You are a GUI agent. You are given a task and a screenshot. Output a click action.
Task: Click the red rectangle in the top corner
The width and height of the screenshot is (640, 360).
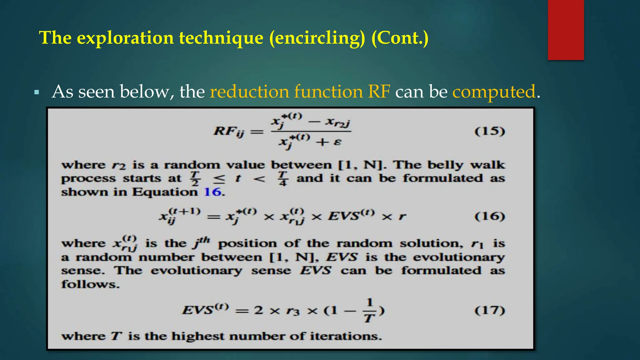[x=566, y=30]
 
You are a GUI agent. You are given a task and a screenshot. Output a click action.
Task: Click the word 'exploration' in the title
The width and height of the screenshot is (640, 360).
[x=125, y=38]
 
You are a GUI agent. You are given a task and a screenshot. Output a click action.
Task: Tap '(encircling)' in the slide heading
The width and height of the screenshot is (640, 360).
[x=317, y=38]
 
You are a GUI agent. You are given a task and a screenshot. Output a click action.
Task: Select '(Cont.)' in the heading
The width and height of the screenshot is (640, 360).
[x=400, y=38]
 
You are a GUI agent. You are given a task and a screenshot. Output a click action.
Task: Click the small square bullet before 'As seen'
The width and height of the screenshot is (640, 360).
[x=37, y=92]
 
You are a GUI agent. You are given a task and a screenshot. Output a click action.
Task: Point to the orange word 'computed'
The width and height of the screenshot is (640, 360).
[x=494, y=92]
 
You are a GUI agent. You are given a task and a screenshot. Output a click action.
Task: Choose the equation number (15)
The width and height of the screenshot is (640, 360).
[x=490, y=131]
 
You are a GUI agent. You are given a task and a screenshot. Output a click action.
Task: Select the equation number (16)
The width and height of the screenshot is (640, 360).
[x=490, y=216]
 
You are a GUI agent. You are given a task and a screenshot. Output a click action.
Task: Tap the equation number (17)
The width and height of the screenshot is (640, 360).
[x=490, y=310]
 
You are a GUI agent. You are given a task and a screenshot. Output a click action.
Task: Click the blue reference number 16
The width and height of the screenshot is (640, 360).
[x=212, y=192]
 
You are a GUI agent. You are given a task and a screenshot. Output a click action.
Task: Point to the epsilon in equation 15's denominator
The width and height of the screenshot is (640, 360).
[x=337, y=142]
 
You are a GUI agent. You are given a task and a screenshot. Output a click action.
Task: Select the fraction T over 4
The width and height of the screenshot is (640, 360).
[x=283, y=178]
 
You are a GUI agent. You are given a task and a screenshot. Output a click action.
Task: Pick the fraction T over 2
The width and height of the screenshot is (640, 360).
[x=195, y=178]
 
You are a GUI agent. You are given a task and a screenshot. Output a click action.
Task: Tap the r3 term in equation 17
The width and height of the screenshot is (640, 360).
[x=293, y=311]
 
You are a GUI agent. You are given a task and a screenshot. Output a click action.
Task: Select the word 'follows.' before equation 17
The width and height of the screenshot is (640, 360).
[x=90, y=284]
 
